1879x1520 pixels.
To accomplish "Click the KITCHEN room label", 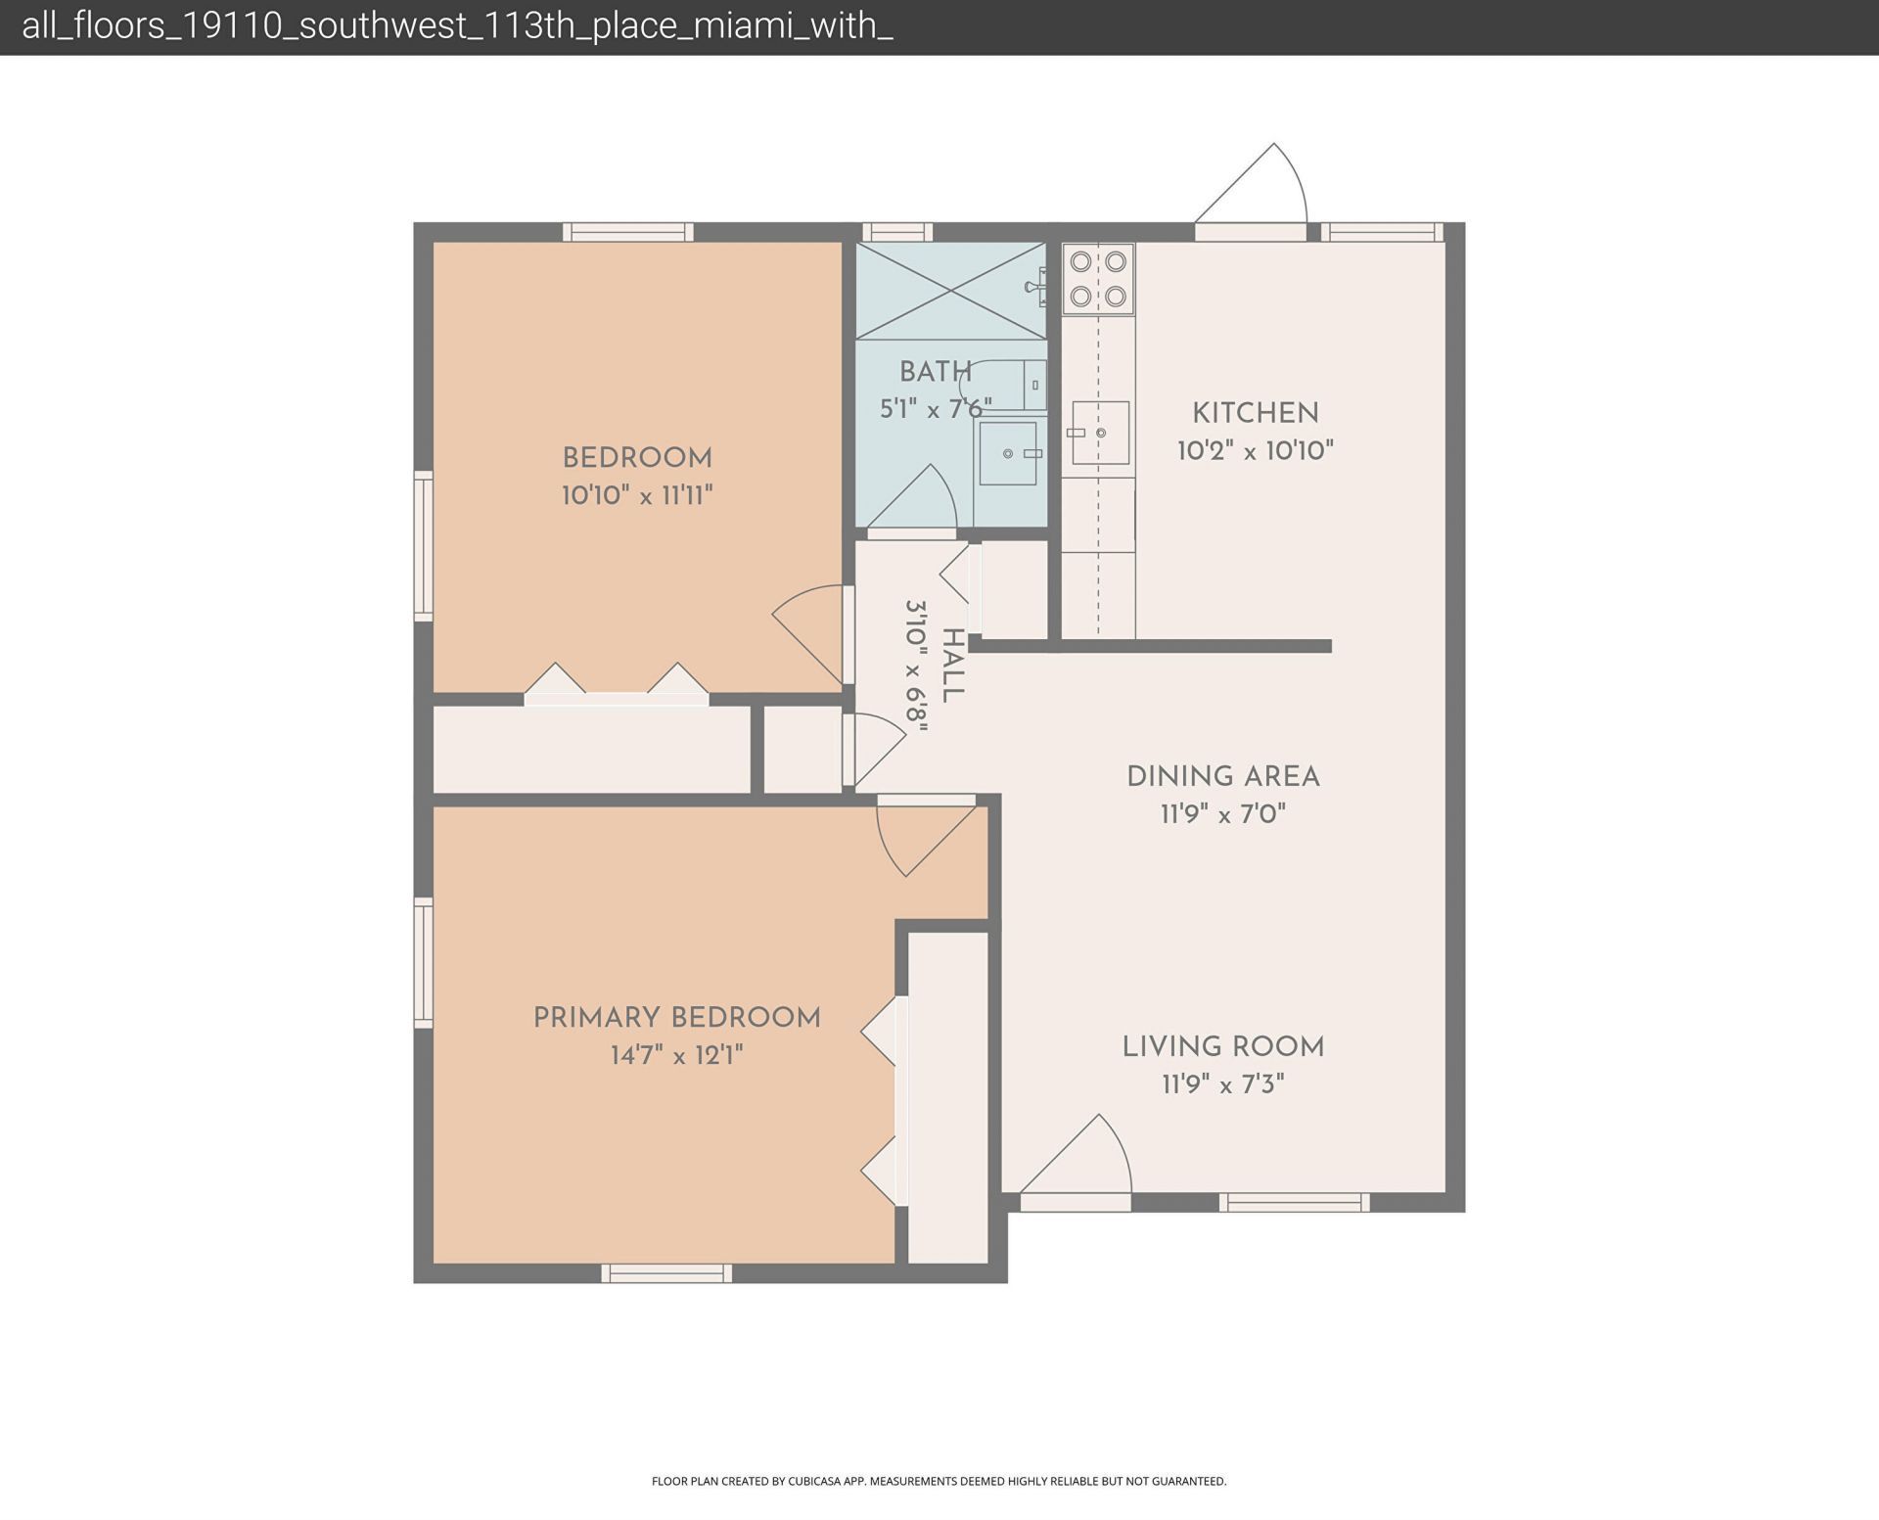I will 1255,413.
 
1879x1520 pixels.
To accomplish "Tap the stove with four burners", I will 1098,278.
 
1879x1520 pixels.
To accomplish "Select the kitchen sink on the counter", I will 1100,433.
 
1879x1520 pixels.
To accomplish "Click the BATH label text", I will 935,372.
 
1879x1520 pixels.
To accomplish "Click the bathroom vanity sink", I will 1008,453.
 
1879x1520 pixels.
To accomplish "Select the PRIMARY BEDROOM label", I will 676,1018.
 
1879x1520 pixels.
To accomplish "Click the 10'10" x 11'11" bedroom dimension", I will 636,495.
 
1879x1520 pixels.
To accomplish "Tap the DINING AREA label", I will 1222,777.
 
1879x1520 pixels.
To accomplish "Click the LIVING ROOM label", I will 1222,1047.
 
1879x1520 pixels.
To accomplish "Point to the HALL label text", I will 951,666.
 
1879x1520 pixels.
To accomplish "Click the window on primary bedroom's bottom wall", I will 666,1273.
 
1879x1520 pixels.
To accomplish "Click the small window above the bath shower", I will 896,232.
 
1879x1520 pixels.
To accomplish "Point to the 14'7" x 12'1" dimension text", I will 676,1056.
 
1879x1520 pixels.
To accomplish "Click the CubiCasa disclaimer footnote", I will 939,1481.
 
